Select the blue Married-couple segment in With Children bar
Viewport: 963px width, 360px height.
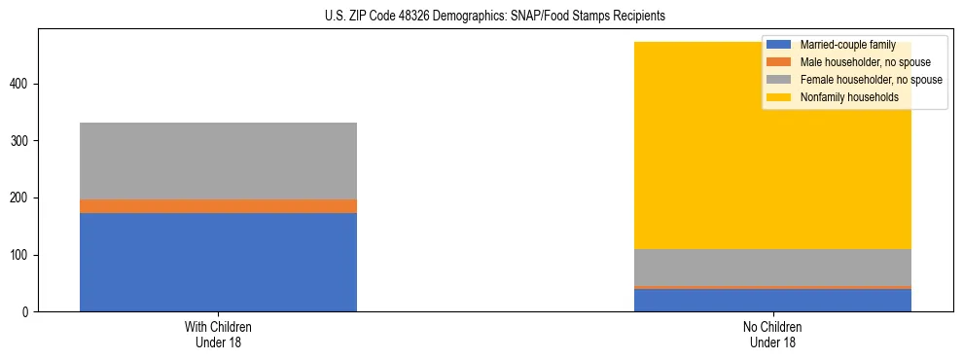click(x=218, y=262)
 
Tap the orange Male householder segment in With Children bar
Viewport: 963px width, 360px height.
click(x=218, y=206)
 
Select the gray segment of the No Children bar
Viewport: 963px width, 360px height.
click(x=772, y=268)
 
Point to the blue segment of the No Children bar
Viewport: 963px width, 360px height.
click(x=772, y=301)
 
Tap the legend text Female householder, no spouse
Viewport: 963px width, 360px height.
click(x=870, y=80)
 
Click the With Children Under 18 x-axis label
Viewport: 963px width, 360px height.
click(x=218, y=334)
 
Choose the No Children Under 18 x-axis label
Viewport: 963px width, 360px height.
click(x=772, y=334)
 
